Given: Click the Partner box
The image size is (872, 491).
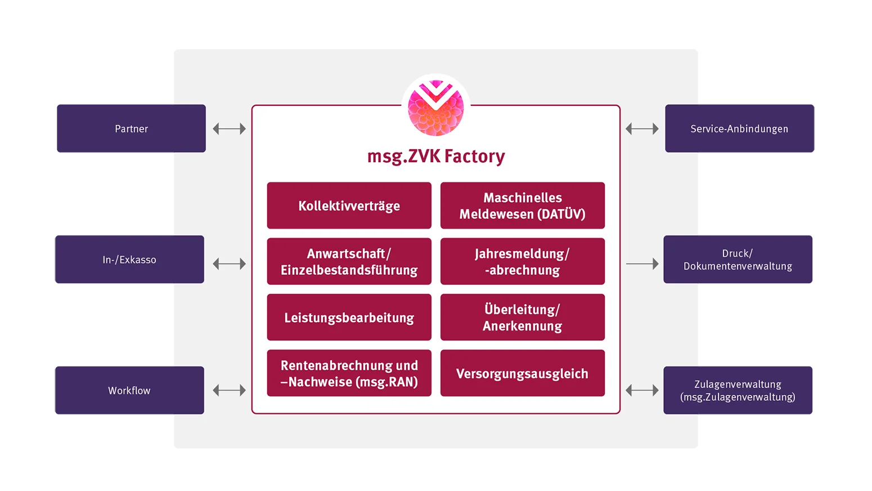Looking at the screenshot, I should [131, 128].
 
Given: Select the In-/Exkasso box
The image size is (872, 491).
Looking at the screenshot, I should [129, 260].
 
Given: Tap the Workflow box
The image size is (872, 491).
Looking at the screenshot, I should [129, 390].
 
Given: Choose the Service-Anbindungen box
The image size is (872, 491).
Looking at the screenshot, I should [739, 128].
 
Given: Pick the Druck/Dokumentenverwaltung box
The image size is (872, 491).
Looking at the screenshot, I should [738, 260].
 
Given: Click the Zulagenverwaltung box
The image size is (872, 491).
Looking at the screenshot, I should [738, 390].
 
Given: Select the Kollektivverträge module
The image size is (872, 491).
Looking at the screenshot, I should [349, 206].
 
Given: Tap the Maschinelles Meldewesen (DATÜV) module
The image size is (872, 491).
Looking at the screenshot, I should [522, 206].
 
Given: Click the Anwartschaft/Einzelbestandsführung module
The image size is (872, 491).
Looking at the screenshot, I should [349, 261].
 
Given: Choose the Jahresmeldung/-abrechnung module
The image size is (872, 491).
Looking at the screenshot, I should [522, 261].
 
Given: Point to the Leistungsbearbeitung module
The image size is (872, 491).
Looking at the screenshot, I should [349, 317].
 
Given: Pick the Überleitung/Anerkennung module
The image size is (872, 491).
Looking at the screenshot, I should [522, 317].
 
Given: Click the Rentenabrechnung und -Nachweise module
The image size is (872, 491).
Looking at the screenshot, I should [349, 373].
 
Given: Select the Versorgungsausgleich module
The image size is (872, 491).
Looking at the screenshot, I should [522, 373].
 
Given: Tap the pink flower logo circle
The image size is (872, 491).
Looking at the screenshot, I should [436, 108].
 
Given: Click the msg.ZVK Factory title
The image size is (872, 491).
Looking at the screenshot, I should [436, 156].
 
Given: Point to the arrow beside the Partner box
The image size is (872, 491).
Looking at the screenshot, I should [229, 129].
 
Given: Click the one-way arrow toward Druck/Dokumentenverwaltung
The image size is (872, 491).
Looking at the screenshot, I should [642, 264].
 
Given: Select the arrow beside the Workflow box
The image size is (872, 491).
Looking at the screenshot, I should [229, 390].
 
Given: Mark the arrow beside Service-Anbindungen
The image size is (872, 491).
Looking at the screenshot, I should [642, 129].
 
